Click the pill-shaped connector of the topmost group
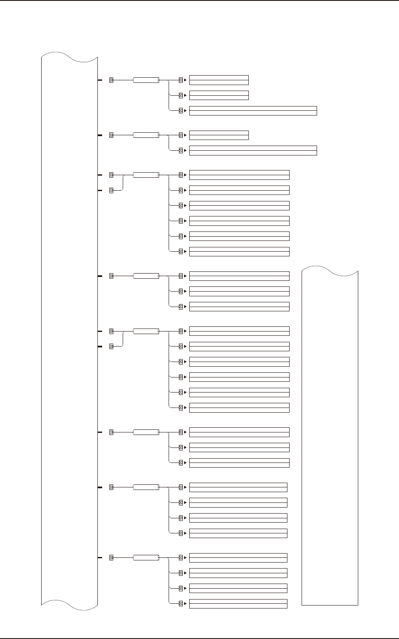[146, 80]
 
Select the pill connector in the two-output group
[146, 135]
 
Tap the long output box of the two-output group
[253, 150]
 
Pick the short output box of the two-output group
[219, 135]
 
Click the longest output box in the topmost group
[253, 111]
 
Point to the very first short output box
[219, 80]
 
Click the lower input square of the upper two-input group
[111, 190]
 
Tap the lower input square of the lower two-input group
[111, 346]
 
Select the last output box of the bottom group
[238, 603]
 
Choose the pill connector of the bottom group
[146, 557]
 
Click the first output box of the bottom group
[238, 557]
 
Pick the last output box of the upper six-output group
[239, 251]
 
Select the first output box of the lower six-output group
[239, 331]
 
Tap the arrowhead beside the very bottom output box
[185, 603]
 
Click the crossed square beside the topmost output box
[181, 80]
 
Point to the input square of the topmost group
[111, 80]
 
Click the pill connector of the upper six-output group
[146, 175]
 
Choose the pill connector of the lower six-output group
[146, 331]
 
